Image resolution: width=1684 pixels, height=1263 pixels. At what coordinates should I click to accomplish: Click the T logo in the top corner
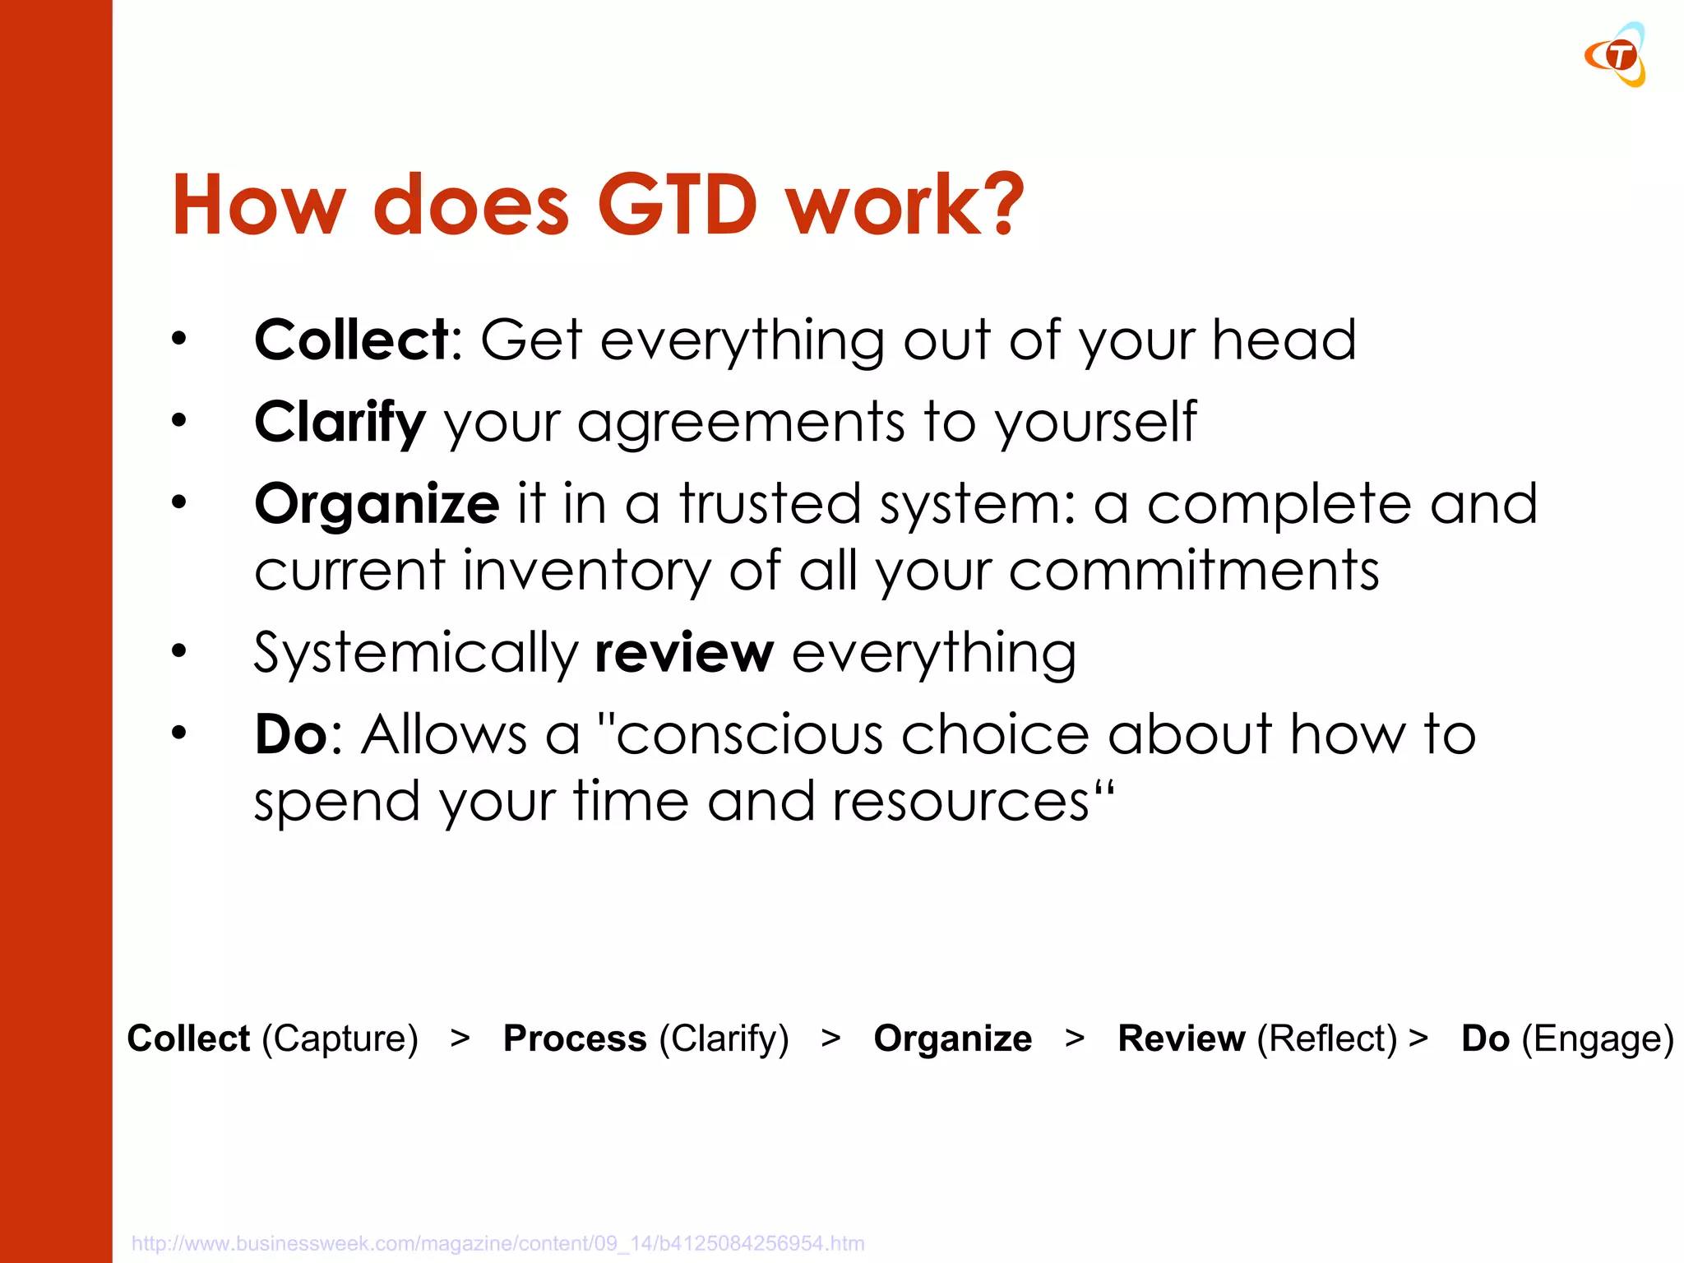(1617, 56)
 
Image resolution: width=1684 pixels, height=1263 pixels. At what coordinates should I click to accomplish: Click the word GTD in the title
(676, 206)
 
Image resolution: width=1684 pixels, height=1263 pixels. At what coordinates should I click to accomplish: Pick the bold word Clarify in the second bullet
(340, 423)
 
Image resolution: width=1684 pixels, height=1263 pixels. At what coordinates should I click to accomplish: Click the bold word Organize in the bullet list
(377, 504)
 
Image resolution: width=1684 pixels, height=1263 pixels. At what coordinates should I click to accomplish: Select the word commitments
(1193, 571)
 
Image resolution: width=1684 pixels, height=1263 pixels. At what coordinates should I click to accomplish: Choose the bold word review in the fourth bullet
(684, 654)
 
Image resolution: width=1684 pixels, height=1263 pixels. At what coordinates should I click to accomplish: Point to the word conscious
(749, 734)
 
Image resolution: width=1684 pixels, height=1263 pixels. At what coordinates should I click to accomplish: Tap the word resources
(960, 802)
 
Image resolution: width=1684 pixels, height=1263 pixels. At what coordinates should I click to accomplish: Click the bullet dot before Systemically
(179, 651)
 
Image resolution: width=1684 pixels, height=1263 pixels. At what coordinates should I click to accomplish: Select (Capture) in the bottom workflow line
(340, 1039)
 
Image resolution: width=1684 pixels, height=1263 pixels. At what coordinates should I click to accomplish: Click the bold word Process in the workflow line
(575, 1039)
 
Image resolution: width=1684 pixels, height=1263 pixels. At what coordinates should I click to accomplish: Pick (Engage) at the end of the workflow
(1597, 1039)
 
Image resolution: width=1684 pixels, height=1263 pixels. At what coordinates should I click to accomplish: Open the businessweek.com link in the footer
(497, 1243)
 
